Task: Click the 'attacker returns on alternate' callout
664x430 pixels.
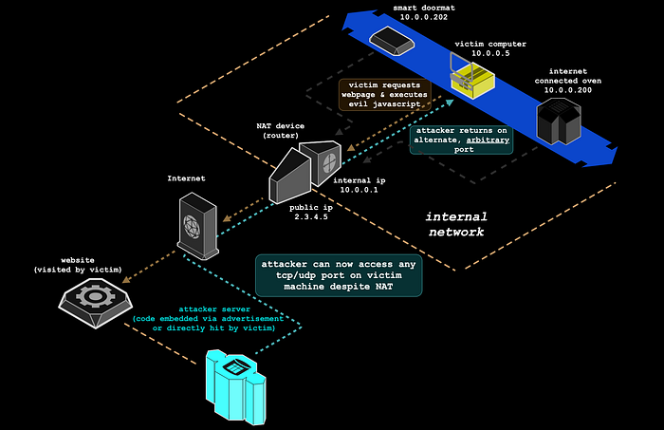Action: click(x=461, y=139)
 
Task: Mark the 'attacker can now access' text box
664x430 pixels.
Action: click(x=340, y=273)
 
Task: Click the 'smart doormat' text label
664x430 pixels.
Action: click(x=397, y=8)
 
